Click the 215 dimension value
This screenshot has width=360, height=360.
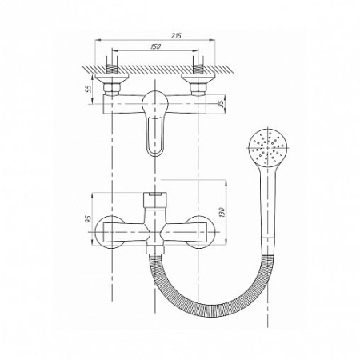[176, 36]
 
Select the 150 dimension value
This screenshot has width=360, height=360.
[156, 46]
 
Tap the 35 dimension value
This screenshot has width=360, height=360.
[222, 104]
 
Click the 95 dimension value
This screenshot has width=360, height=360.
[88, 219]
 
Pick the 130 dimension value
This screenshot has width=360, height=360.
[222, 212]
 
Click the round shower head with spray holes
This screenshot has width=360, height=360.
[268, 147]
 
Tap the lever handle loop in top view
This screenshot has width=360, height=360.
[155, 137]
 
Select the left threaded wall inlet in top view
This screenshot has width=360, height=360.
[112, 69]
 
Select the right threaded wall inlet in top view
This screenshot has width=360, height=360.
[198, 69]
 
